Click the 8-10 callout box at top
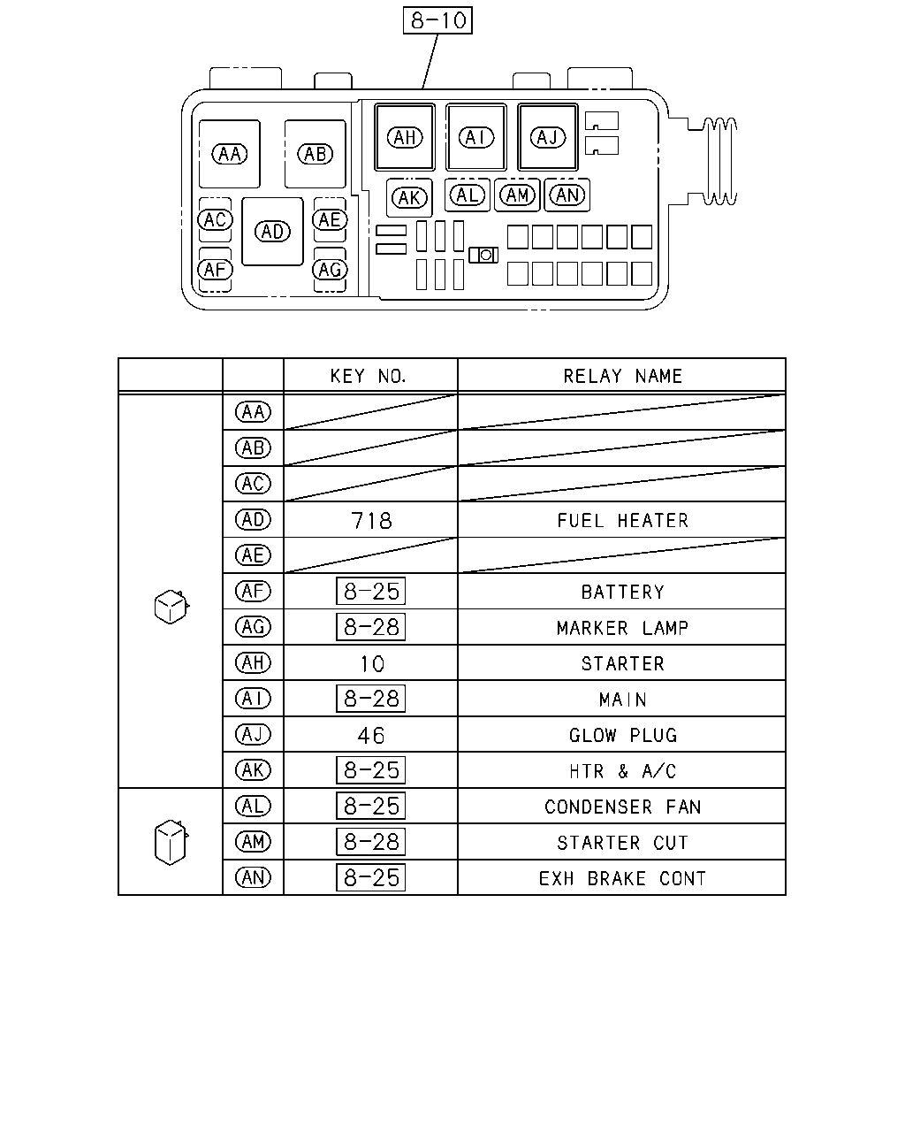coord(437,20)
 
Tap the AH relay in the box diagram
coord(405,137)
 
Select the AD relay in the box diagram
coord(272,232)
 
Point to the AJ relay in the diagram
coord(547,137)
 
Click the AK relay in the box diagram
coord(409,198)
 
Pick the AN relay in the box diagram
coord(567,195)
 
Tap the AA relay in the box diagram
coord(229,154)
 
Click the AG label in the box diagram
coord(330,270)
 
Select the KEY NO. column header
coord(369,376)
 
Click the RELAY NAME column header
coord(622,376)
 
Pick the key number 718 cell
coord(371,521)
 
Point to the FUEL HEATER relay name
coord(622,521)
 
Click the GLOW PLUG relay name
coord(623,736)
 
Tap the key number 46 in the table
coord(371,736)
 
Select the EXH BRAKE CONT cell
coord(622,878)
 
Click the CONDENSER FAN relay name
coord(622,807)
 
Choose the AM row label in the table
coord(253,842)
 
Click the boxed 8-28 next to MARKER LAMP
coord(370,627)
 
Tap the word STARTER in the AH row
coord(622,664)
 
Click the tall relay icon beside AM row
coord(171,842)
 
